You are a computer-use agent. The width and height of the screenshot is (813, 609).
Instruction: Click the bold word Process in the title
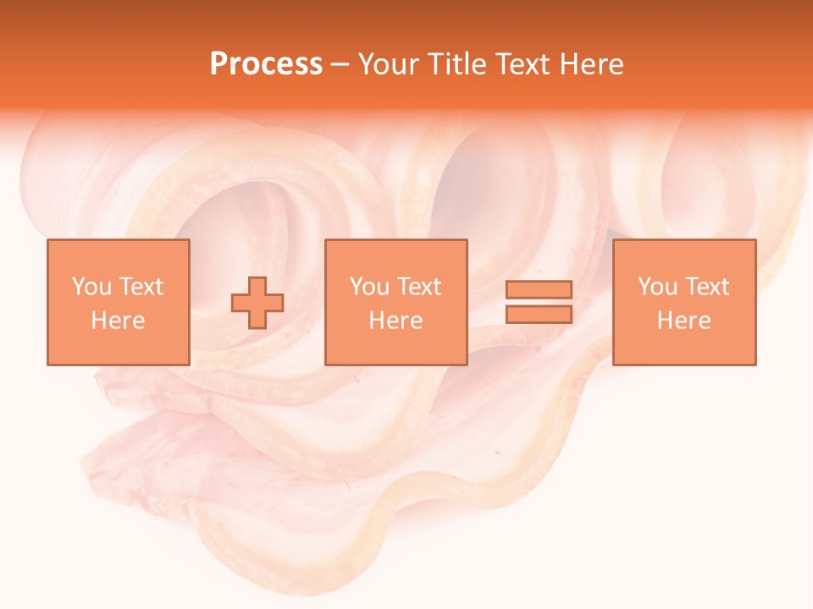pyautogui.click(x=266, y=64)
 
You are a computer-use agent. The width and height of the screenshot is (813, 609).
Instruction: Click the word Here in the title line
pyautogui.click(x=591, y=64)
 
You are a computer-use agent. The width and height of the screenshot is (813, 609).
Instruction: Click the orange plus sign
pyautogui.click(x=257, y=303)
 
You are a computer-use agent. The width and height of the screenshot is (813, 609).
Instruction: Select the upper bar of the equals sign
pyautogui.click(x=539, y=289)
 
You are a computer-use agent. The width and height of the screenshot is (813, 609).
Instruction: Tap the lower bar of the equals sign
pyautogui.click(x=539, y=315)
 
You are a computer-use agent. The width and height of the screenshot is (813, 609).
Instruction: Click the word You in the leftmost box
pyautogui.click(x=91, y=287)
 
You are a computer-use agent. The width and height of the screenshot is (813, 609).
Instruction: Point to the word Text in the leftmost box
pyautogui.click(x=141, y=287)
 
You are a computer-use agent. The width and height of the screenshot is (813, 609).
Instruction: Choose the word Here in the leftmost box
pyautogui.click(x=118, y=321)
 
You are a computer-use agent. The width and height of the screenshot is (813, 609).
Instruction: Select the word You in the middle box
pyautogui.click(x=369, y=287)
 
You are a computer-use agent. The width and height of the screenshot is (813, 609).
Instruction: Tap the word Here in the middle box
pyautogui.click(x=395, y=321)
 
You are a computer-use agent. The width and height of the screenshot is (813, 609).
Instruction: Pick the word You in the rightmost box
pyautogui.click(x=657, y=287)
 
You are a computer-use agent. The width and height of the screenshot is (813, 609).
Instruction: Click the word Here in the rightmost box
pyautogui.click(x=683, y=321)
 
